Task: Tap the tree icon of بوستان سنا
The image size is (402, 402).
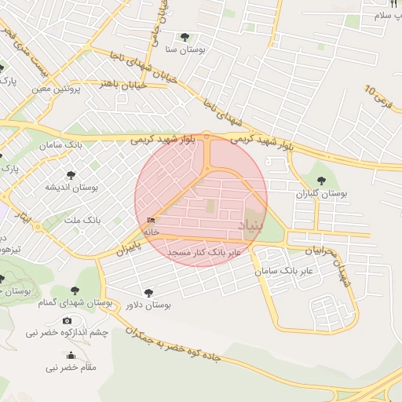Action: [x=185, y=36]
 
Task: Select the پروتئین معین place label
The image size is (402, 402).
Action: [x=57, y=89]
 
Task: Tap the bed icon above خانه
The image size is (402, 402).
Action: [x=151, y=221]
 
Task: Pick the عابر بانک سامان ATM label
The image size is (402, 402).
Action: [x=284, y=270]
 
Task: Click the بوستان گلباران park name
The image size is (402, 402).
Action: [x=322, y=192]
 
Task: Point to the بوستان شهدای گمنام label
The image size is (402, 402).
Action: [x=86, y=303]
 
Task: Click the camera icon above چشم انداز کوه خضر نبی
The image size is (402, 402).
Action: [x=67, y=320]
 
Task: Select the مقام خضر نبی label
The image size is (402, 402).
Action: [x=71, y=367]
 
